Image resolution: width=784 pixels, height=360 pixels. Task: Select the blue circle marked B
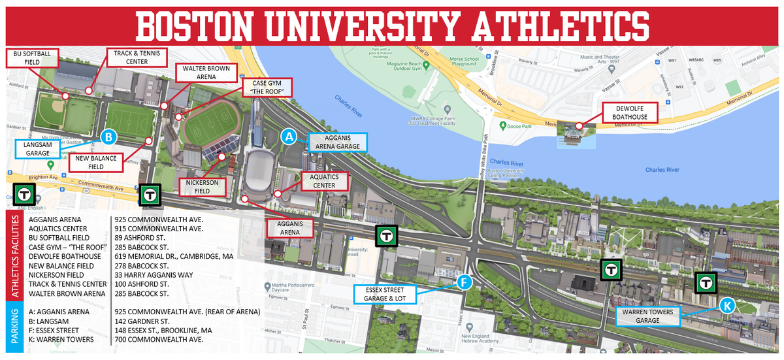pos(109,137)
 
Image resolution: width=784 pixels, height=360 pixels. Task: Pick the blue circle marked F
pos(463,282)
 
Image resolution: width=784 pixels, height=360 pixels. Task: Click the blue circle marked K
pos(727,305)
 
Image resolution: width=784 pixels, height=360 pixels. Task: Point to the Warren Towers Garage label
pos(649,316)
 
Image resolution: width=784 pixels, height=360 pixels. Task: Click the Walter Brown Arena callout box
pos(206,73)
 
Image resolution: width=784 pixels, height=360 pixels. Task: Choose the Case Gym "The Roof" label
pos(267,88)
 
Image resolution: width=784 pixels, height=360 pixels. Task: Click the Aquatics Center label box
pos(324,181)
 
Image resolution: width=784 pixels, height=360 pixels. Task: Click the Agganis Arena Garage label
pos(337,142)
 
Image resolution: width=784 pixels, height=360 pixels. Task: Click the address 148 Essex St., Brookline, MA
pos(171,330)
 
